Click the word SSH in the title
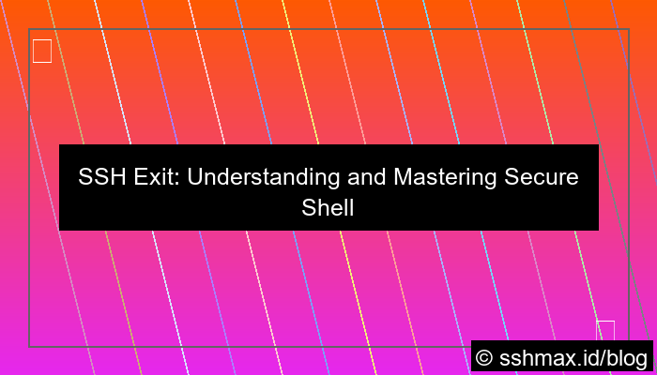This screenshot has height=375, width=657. [x=99, y=177]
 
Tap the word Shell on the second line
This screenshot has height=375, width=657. [x=328, y=207]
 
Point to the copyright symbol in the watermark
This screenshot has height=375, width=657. [x=485, y=357]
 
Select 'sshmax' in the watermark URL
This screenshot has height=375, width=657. [x=534, y=357]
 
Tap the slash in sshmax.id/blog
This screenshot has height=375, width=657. [x=599, y=357]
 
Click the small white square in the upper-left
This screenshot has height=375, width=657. [x=42, y=51]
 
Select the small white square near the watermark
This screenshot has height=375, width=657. [x=605, y=330]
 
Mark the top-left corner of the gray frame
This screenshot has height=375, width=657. [x=29, y=29]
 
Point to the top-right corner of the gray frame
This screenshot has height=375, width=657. [x=628, y=29]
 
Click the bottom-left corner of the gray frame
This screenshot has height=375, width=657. [x=29, y=346]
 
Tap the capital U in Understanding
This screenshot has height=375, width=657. [x=194, y=177]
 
